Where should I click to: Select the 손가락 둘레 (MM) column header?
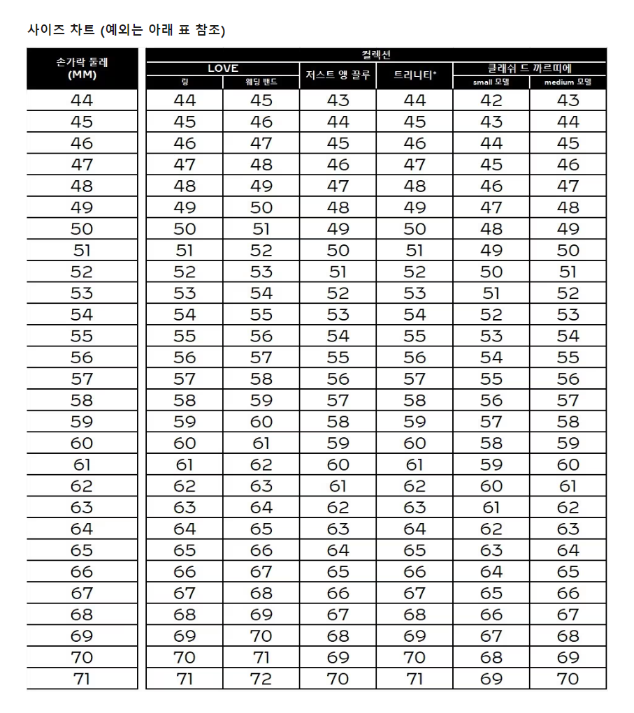82,68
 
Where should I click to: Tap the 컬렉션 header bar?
376,54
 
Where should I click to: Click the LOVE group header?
223,68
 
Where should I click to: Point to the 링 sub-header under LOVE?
185,82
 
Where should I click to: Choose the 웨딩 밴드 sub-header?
261,82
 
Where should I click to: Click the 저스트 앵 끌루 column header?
338,75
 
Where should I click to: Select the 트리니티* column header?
415,75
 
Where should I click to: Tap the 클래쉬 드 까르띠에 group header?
530,68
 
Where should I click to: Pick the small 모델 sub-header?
491,82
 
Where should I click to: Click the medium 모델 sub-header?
568,82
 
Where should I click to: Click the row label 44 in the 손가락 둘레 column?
82,101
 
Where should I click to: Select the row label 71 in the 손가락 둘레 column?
82,679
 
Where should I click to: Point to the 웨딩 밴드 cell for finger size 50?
261,229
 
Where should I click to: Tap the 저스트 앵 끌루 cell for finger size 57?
338,379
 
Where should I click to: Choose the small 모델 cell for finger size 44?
491,101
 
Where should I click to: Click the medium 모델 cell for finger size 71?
568,679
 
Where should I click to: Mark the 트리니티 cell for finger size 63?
415,508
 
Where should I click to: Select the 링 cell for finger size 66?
185,572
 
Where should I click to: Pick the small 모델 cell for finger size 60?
491,443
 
